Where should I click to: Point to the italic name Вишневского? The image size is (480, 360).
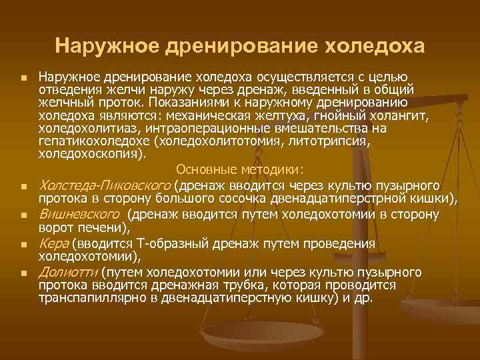point(80,215)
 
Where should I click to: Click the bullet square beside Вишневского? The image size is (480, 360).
point(23,216)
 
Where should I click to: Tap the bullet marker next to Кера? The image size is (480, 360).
point(23,245)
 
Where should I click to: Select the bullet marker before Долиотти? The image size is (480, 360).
point(23,273)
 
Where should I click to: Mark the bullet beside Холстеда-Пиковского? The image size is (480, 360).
point(23,186)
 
